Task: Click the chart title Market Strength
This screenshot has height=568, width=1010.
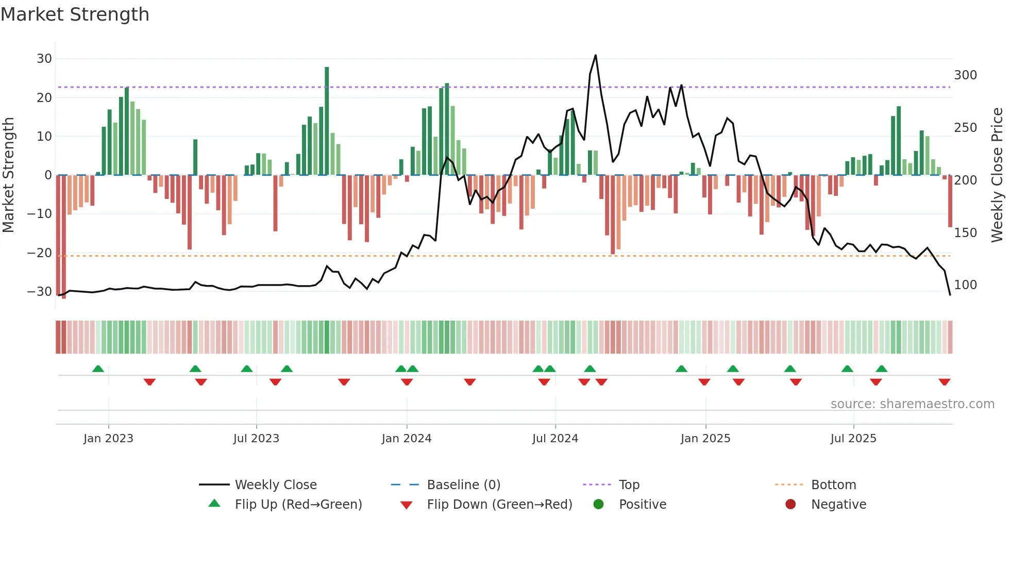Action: pos(75,14)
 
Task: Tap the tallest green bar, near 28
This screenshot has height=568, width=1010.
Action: pos(327,121)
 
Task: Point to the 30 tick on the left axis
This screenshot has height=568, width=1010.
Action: pos(44,59)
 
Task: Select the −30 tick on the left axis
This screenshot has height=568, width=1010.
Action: pos(40,292)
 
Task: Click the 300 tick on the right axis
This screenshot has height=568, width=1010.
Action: pos(965,75)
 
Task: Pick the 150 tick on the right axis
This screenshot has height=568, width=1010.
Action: pos(965,233)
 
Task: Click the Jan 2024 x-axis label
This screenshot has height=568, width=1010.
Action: pos(407,439)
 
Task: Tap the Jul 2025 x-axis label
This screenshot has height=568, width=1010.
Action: pos(853,439)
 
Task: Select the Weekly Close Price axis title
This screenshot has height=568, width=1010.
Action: pos(998,175)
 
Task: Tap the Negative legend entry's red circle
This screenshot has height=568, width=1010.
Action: pos(790,505)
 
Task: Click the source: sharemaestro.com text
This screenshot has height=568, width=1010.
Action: pos(912,404)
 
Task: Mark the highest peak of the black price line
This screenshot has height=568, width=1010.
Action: pos(596,56)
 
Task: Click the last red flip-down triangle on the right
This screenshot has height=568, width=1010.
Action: pos(945,382)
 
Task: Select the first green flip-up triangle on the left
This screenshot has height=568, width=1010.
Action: pos(98,369)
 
